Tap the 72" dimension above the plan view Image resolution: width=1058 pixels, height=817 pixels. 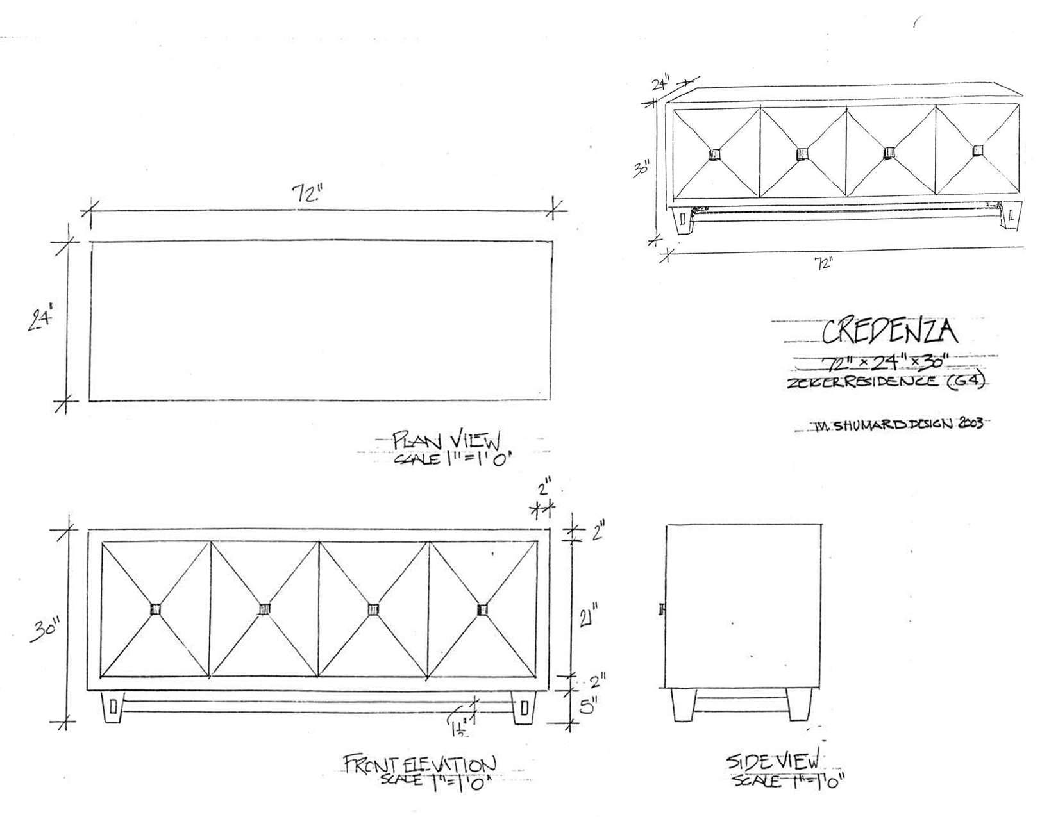click(306, 194)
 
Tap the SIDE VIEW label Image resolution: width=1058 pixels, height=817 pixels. click(772, 762)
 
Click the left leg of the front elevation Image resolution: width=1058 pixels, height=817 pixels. click(113, 707)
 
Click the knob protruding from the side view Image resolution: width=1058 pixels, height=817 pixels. click(662, 609)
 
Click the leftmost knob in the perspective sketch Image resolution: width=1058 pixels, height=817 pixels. click(716, 154)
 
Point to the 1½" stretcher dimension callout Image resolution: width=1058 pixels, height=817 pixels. click(459, 729)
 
